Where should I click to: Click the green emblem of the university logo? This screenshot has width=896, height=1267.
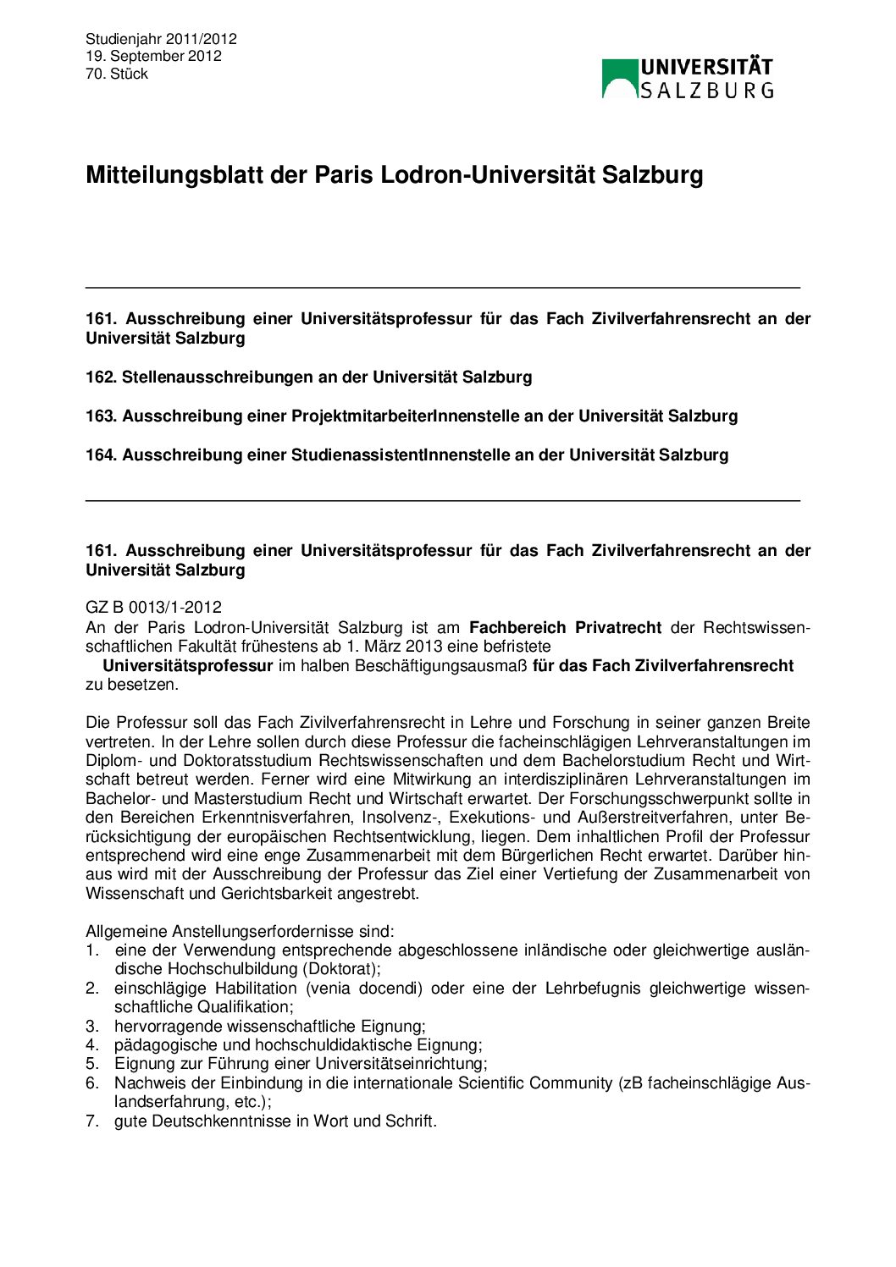(620, 78)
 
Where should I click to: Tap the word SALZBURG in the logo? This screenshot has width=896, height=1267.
(706, 90)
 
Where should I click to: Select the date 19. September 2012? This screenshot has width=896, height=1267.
(153, 56)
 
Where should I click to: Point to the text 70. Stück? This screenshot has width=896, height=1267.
(117, 74)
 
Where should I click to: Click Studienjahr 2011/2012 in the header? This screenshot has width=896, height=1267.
(161, 39)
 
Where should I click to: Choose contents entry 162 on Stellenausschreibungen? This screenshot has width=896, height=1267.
(309, 377)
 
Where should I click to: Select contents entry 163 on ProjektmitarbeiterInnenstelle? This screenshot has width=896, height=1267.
(412, 416)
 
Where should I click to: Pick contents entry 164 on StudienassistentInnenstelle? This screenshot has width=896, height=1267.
(407, 454)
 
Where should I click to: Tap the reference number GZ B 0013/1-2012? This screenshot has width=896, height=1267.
(153, 607)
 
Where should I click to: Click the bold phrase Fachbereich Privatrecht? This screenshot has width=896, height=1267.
(565, 627)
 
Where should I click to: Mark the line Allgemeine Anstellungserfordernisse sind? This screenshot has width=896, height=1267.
(240, 931)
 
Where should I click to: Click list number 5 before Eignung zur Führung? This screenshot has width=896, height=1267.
(91, 1063)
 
